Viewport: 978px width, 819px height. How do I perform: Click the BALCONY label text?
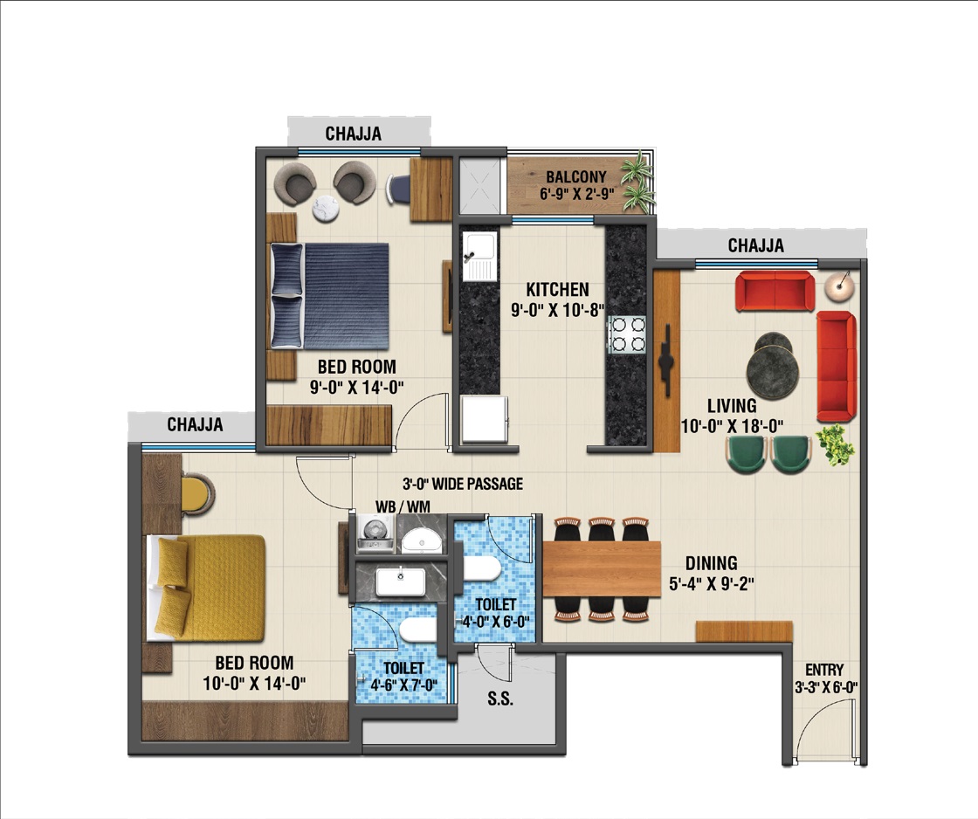tap(575, 176)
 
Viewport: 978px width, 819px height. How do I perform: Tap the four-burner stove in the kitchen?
tap(628, 335)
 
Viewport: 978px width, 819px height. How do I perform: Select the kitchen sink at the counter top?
tap(479, 256)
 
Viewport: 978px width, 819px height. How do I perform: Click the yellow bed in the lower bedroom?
tap(206, 588)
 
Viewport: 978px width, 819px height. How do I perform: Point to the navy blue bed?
tap(330, 296)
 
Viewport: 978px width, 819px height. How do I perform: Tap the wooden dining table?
tap(602, 569)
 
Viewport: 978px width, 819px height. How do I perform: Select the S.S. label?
tap(500, 699)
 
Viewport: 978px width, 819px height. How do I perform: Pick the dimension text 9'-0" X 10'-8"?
tap(558, 310)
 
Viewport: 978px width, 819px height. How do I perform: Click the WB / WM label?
tap(403, 506)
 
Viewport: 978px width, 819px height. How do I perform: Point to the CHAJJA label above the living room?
tap(756, 245)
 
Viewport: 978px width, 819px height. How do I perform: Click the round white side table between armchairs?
tap(325, 209)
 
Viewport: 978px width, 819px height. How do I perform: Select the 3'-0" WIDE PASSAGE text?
tap(462, 484)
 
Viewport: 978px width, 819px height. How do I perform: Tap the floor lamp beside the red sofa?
tap(839, 285)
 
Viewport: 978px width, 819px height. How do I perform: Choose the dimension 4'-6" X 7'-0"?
tap(403, 685)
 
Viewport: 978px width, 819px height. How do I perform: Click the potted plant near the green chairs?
tap(836, 444)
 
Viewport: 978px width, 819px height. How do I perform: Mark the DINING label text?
tap(711, 563)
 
